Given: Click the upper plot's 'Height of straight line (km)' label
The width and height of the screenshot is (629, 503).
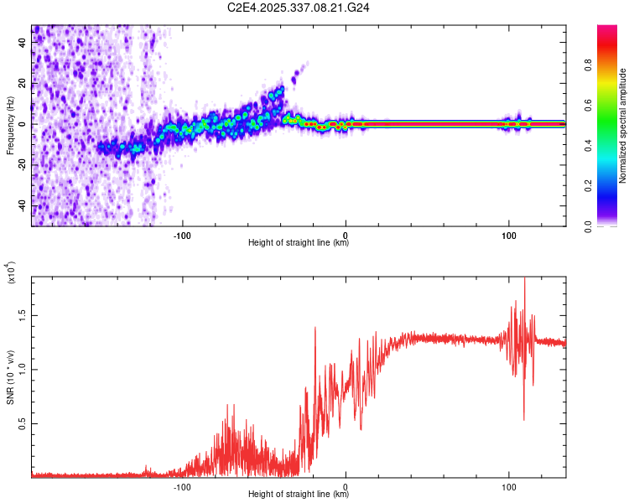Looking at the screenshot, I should click(x=299, y=242).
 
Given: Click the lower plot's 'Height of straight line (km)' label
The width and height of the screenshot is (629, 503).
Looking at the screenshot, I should click(x=299, y=494).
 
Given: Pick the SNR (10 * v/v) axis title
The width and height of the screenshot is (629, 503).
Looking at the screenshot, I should click(x=10, y=369).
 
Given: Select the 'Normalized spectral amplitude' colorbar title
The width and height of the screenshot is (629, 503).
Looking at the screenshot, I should click(x=623, y=126).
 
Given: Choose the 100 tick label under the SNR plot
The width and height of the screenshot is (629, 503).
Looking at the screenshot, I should click(x=508, y=485).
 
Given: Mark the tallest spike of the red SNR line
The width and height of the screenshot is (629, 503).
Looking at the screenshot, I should click(x=524, y=280).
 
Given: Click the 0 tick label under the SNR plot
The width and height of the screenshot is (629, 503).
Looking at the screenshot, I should click(x=346, y=485).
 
